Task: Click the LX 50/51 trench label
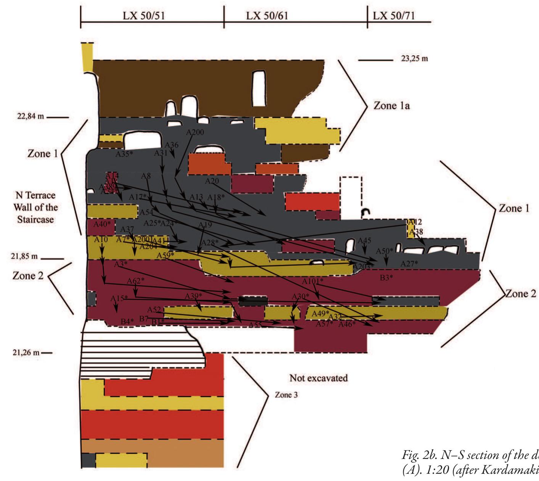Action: click(144, 16)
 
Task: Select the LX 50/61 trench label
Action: click(267, 16)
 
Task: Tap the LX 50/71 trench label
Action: click(394, 16)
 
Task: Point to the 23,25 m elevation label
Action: click(414, 59)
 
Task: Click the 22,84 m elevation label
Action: click(30, 116)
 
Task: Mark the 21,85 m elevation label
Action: click(24, 256)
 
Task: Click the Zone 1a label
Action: click(391, 105)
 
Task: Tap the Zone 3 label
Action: click(286, 395)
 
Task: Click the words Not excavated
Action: click(318, 378)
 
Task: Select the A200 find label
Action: click(195, 132)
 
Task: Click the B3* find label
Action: click(386, 278)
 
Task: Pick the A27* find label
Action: click(409, 264)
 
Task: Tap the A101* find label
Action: click(313, 281)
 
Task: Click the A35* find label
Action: click(124, 154)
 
